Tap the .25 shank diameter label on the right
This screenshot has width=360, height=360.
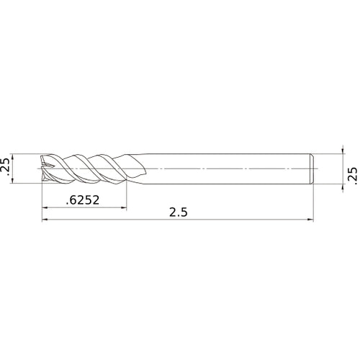pos(352,173)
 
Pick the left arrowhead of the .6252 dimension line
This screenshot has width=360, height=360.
pos(45,210)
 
